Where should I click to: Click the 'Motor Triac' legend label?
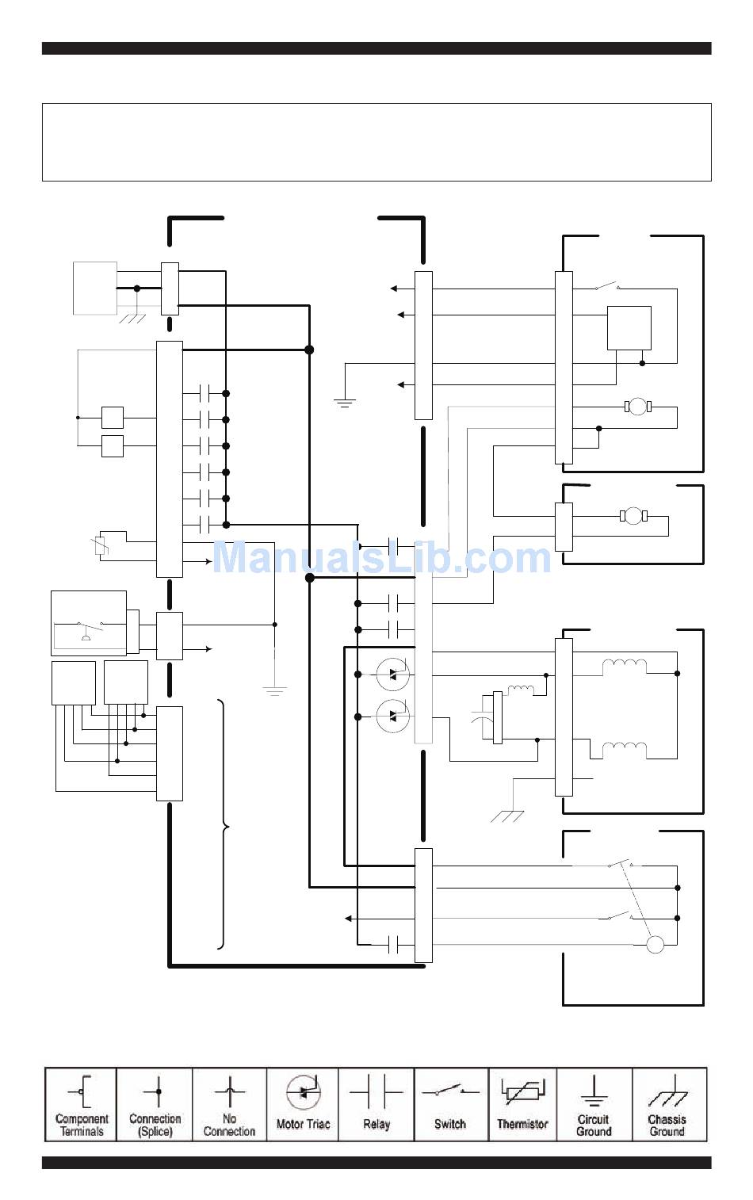pos(303,1124)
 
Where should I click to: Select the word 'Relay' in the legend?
pos(376,1124)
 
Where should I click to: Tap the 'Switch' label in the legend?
pos(450,1124)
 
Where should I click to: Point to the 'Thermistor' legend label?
pos(522,1124)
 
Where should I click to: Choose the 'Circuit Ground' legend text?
pos(594,1125)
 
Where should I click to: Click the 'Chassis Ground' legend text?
pos(667,1125)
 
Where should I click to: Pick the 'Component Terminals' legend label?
pos(82,1125)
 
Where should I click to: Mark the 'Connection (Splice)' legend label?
pos(155,1125)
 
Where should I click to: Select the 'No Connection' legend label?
pos(229,1125)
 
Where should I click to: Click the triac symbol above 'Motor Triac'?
pos(304,1092)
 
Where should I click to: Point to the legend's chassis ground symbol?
pos(668,1091)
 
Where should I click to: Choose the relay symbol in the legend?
pos(376,1091)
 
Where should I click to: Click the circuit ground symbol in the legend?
pos(594,1091)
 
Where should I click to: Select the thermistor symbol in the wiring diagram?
pos(101,546)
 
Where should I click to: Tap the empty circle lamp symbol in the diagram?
pos(655,945)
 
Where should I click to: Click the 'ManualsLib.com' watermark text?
pos(382,558)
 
